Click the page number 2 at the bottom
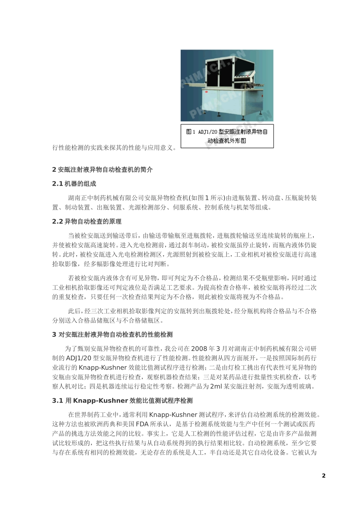324,476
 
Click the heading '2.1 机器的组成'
74,184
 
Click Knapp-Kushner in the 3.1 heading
100,400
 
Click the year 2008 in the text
199,348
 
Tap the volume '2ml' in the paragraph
216,386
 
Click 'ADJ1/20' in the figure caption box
208,132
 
